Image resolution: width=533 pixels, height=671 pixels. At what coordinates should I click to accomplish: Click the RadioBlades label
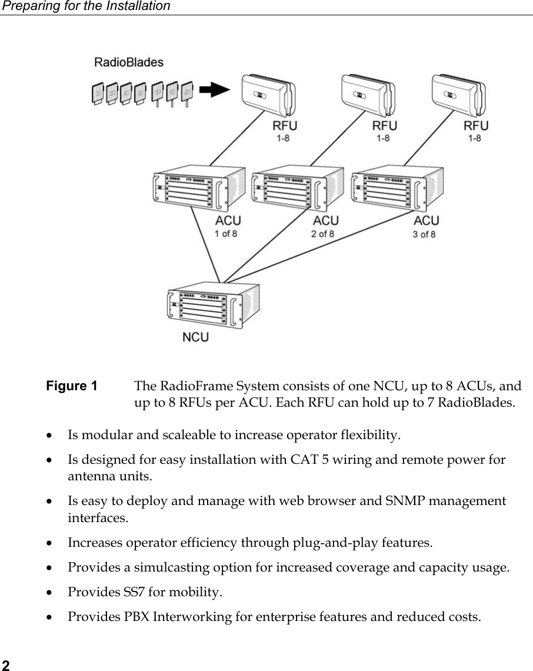[x=129, y=62]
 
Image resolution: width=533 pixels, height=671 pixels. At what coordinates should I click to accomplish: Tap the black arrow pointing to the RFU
[x=215, y=90]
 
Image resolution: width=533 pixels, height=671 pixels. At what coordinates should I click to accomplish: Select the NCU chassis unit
[x=213, y=305]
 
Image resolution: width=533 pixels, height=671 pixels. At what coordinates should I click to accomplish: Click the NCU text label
[x=195, y=337]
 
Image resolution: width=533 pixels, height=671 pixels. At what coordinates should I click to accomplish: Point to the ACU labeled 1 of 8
[x=199, y=188]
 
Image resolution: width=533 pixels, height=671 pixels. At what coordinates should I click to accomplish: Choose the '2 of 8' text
[x=322, y=234]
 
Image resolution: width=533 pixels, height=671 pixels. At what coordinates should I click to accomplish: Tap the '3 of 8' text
[x=424, y=234]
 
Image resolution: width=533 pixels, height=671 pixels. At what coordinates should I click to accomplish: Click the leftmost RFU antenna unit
[x=269, y=95]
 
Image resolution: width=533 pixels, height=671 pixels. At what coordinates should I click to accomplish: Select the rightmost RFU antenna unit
[x=458, y=95]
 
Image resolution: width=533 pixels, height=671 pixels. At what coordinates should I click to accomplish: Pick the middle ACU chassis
[x=298, y=188]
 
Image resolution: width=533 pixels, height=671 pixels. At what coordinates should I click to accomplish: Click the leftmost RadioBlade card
[x=98, y=93]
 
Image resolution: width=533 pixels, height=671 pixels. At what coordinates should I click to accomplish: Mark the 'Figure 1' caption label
[x=72, y=386]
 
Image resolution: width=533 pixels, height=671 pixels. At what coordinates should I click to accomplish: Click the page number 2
[x=5, y=665]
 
